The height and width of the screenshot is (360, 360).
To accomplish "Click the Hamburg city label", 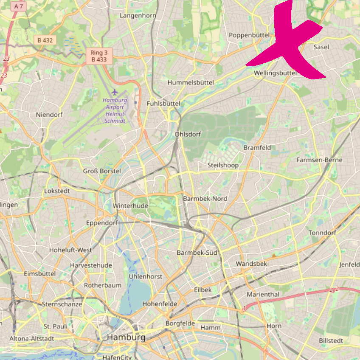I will [x=126, y=337].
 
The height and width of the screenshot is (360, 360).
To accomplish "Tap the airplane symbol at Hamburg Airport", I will [x=114, y=92].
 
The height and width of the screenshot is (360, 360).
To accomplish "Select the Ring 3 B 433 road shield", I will [x=99, y=56].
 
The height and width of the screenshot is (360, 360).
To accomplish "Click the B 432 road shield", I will [x=45, y=40].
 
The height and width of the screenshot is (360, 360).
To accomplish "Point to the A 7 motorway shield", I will [x=18, y=6].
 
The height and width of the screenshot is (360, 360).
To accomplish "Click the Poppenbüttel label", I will [x=247, y=35].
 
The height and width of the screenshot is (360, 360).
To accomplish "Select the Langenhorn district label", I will [x=138, y=15].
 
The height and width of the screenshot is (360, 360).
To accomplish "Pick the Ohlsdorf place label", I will [x=188, y=134].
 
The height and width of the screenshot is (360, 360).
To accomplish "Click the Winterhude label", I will [x=130, y=205].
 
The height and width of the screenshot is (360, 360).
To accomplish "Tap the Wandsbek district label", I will [x=251, y=264].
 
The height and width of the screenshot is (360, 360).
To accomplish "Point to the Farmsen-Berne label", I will [x=319, y=160].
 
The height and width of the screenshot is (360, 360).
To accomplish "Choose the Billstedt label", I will [x=333, y=341].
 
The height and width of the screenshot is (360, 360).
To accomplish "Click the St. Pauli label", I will [x=56, y=326].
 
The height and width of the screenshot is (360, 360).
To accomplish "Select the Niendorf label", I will [x=49, y=115].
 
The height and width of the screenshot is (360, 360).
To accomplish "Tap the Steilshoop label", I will [x=223, y=165].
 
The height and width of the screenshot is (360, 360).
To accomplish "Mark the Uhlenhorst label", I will [x=146, y=276].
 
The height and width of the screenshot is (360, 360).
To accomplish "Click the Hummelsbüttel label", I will [x=191, y=82].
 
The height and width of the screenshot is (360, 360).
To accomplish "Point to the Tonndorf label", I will [x=322, y=233].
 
